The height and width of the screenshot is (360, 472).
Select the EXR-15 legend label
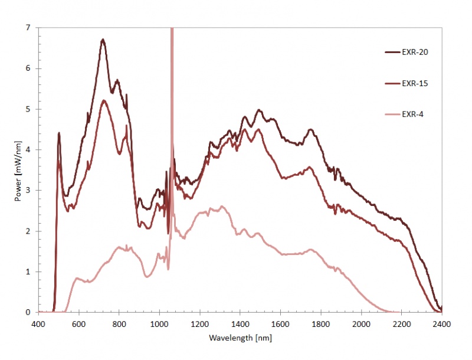(415, 83)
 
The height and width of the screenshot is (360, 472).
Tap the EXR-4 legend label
(412, 114)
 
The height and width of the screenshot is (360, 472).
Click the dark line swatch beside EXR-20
(392, 52)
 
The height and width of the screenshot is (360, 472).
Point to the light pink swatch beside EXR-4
(392, 114)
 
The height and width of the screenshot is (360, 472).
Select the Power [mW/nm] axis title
(19, 170)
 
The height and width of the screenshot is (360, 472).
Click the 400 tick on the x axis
(38, 323)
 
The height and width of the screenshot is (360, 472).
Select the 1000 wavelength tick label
(159, 323)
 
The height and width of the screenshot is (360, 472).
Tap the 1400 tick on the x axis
(240, 323)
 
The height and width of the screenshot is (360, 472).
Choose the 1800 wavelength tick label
(321, 323)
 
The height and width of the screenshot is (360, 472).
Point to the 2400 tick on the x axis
(442, 323)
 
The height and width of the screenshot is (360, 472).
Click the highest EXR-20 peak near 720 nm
(103, 40)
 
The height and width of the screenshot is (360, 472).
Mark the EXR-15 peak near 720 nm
(104, 100)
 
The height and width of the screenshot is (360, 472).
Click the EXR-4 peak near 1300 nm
(221, 206)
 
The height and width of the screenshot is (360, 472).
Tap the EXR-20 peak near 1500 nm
(258, 110)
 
